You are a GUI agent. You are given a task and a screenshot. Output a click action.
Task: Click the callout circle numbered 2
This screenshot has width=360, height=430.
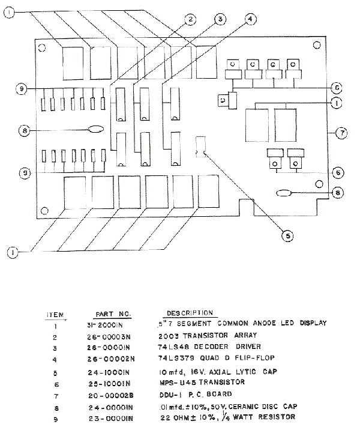click(x=190, y=20)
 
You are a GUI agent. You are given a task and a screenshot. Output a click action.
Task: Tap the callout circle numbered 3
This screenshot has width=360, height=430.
click(x=220, y=20)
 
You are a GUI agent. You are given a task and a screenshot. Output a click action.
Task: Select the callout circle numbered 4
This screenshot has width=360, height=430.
click(x=251, y=19)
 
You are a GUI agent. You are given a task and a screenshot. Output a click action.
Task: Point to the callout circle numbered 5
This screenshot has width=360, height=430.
click(x=288, y=236)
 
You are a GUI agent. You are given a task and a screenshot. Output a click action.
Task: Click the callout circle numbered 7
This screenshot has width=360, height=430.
click(x=341, y=133)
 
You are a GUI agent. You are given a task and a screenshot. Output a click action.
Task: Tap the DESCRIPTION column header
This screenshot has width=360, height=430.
click(x=190, y=313)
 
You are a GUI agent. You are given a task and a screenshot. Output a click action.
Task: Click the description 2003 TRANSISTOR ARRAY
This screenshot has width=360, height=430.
click(x=208, y=335)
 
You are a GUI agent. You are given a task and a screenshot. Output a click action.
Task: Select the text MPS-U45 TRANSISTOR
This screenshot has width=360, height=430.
click(x=201, y=382)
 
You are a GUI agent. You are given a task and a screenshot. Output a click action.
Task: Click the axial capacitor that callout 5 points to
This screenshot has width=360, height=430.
click(x=200, y=147)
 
